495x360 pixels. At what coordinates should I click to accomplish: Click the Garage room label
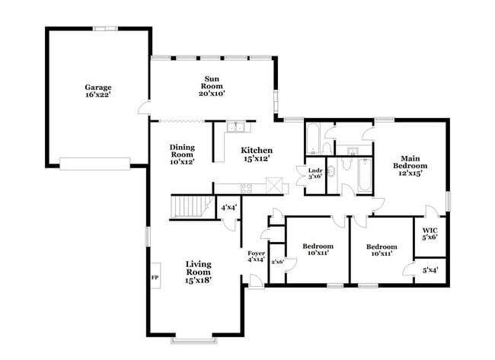click(x=99, y=91)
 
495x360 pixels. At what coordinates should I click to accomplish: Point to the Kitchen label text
click(x=257, y=154)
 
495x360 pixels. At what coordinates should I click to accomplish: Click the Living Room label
click(x=198, y=272)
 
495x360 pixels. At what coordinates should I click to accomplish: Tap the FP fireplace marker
click(x=155, y=278)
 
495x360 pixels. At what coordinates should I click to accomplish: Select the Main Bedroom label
click(x=410, y=165)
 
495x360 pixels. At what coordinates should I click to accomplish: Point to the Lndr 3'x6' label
click(x=315, y=172)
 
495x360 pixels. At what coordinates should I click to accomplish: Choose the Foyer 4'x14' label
click(x=257, y=256)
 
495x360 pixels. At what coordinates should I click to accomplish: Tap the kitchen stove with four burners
click(x=245, y=188)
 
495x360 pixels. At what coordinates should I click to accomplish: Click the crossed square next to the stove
click(x=274, y=185)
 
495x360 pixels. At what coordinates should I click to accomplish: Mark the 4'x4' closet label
click(x=228, y=207)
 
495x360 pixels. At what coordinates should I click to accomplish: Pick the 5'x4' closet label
click(x=430, y=269)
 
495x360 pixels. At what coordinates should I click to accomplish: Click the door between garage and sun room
click(x=145, y=109)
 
